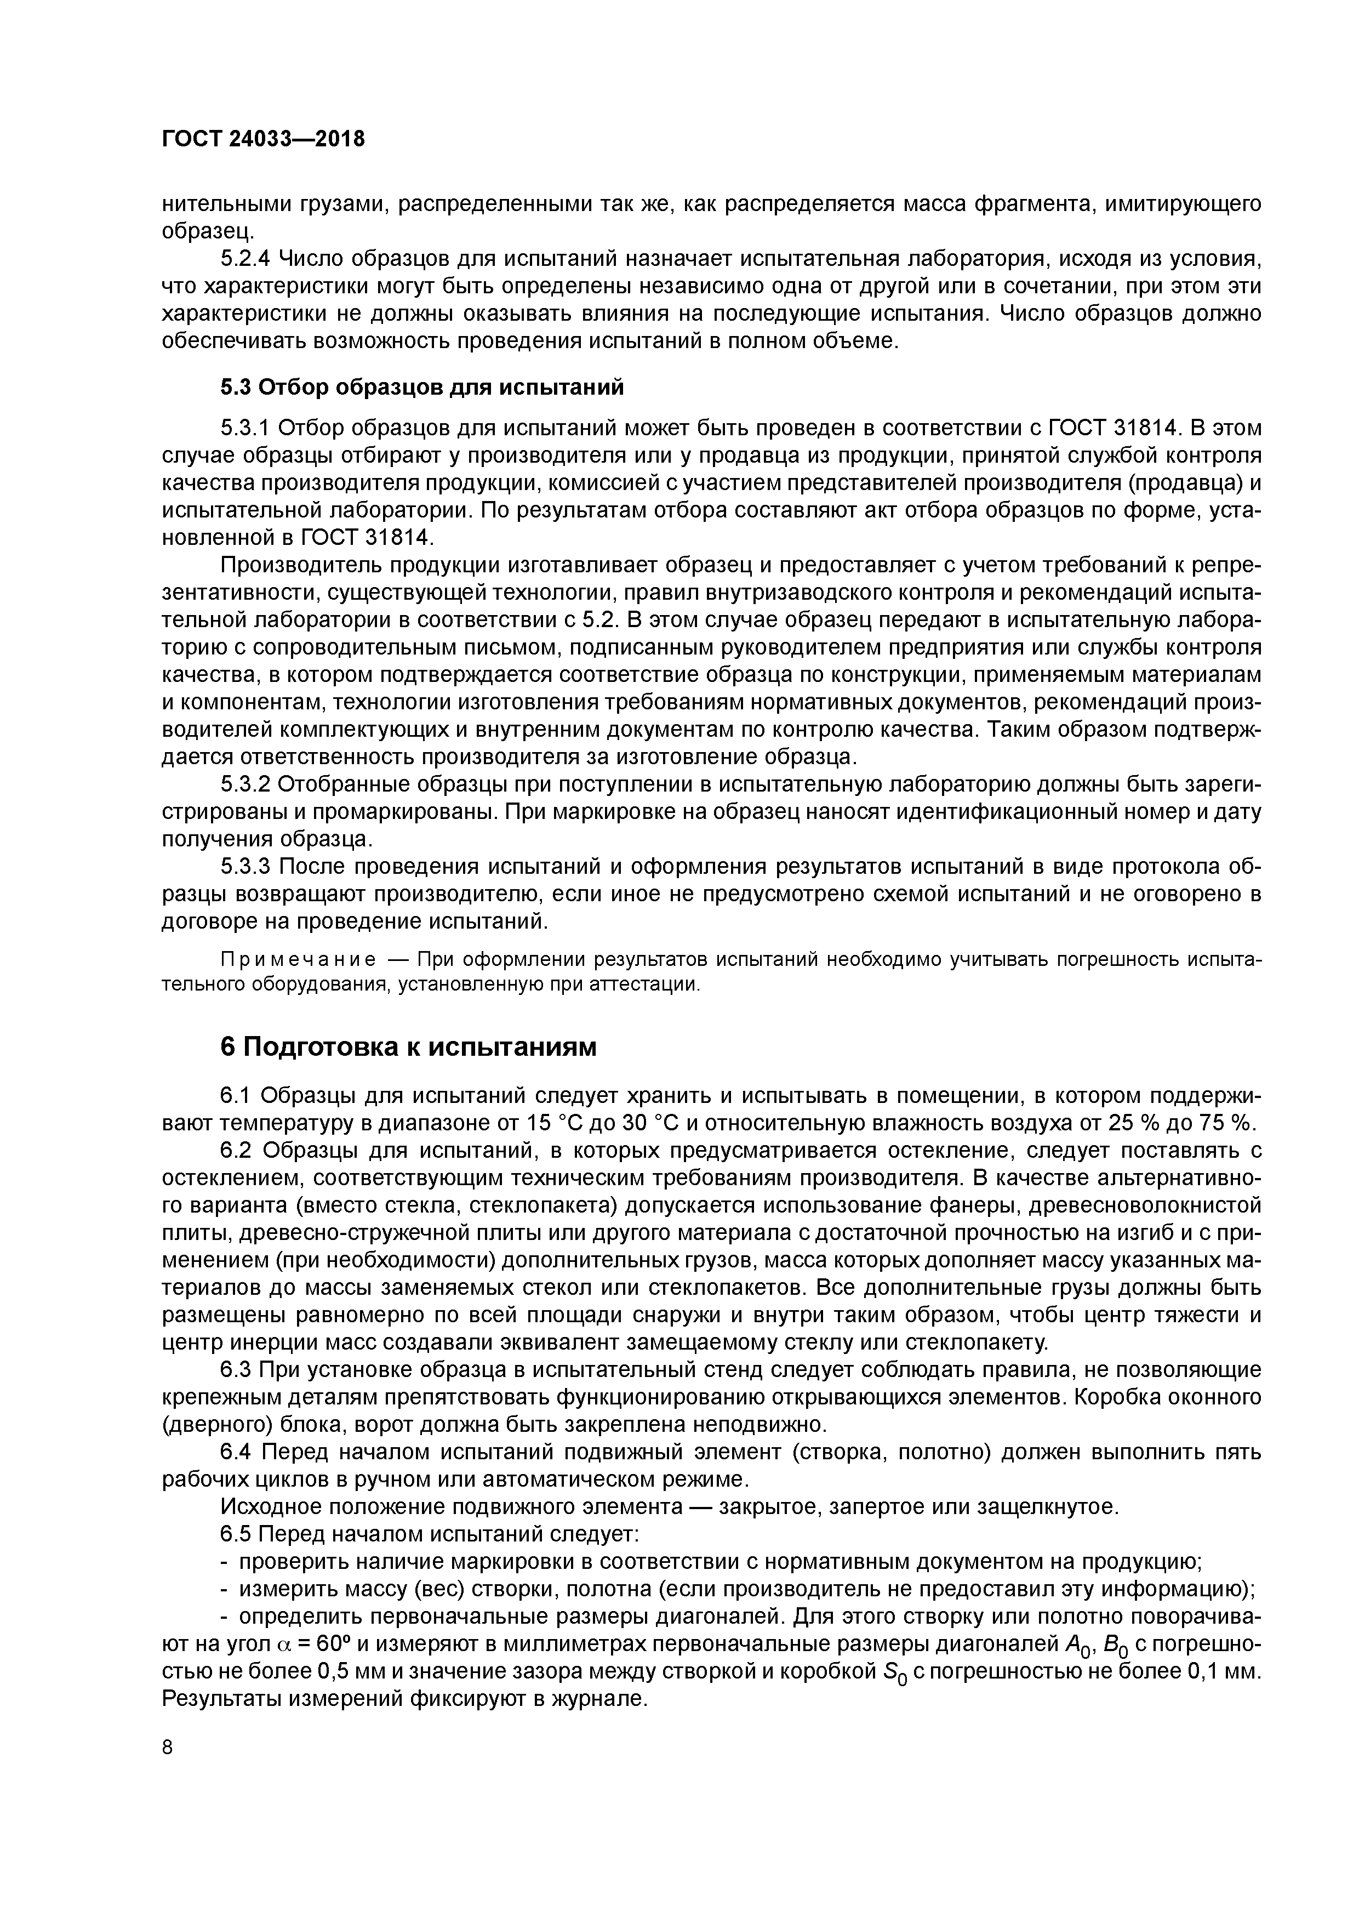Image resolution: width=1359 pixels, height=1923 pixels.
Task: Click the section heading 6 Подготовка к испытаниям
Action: (409, 1047)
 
